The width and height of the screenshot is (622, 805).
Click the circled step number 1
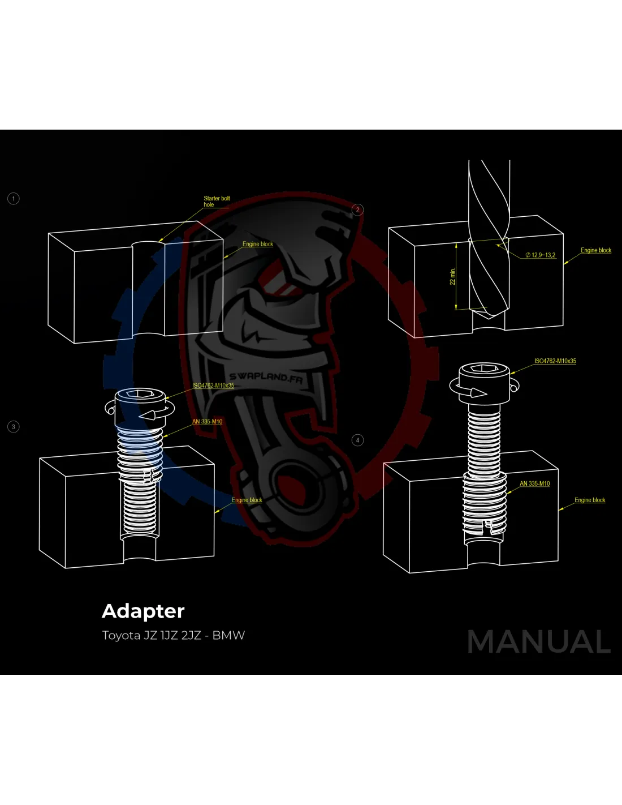pyautogui.click(x=14, y=199)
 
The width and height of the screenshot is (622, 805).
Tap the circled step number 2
pyautogui.click(x=357, y=209)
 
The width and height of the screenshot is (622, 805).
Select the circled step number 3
pyautogui.click(x=14, y=427)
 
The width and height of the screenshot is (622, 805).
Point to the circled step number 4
pyautogui.click(x=357, y=440)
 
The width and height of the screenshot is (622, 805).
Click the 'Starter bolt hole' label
pyautogui.click(x=217, y=202)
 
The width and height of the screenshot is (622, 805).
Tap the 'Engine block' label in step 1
pyautogui.click(x=257, y=244)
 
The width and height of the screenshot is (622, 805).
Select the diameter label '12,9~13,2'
pyautogui.click(x=541, y=255)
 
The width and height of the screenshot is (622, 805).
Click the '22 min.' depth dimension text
pyautogui.click(x=452, y=276)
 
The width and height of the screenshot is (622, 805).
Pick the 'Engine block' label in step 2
pyautogui.click(x=596, y=250)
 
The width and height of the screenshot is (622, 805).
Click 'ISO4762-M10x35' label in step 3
pyautogui.click(x=213, y=386)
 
